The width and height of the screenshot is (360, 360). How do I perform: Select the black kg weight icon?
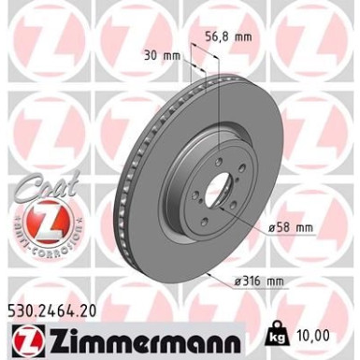pos(277,332)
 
